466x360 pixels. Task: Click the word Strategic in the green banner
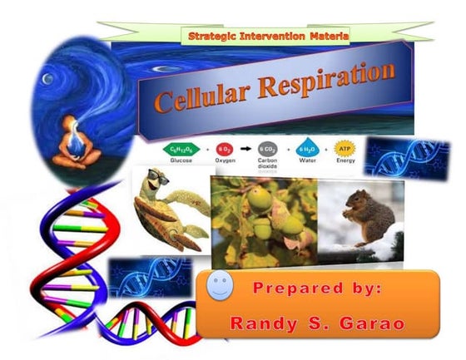tap(214, 37)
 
